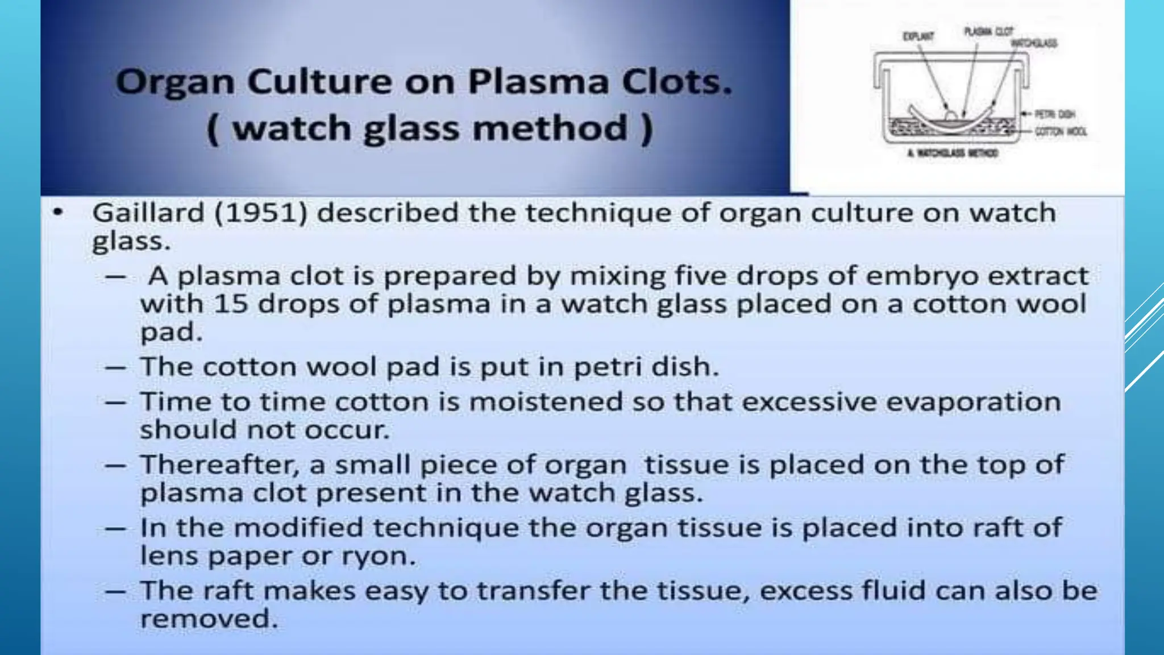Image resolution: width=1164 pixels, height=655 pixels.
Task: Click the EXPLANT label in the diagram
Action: tap(918, 36)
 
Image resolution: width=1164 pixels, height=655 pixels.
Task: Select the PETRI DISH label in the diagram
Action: tap(1054, 114)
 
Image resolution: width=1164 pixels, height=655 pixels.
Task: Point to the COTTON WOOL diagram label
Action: tap(1061, 132)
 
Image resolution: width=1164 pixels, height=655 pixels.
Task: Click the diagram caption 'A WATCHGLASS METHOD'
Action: tap(952, 153)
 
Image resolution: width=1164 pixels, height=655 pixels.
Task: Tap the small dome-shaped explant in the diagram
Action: tap(951, 115)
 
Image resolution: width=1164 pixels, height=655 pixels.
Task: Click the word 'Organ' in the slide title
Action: tap(174, 82)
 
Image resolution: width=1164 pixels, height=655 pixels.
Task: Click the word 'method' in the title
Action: tap(550, 128)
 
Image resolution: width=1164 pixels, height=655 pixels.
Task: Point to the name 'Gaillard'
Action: tap(148, 213)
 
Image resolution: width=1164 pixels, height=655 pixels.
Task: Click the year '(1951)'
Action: tap(261, 213)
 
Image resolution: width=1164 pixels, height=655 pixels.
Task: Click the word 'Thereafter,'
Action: tap(219, 465)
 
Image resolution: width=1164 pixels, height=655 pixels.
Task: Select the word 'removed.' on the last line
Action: tap(209, 619)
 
